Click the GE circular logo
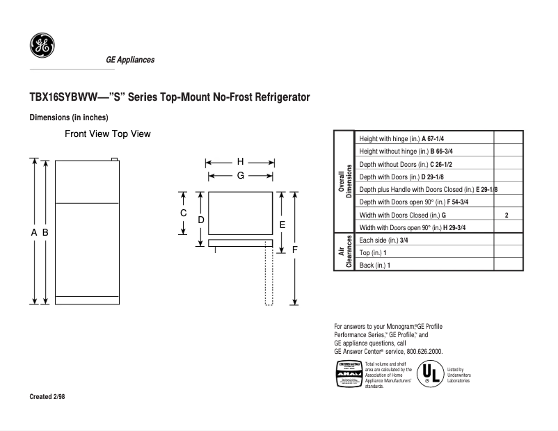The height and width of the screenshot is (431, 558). pos(42,46)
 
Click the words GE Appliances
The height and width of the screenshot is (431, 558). pos(130,60)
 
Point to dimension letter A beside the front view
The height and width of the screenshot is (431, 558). pos(33,233)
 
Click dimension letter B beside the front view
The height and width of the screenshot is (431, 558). pos(45,233)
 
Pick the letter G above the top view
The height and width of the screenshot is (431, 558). pos(240,176)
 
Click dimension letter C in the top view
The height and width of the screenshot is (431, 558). pos(184,213)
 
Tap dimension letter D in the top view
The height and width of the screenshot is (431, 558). pos(200,220)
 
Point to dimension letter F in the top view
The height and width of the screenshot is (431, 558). pos(295,249)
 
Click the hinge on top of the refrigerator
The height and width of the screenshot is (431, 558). pos(114,159)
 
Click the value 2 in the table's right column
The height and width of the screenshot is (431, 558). pos(507,215)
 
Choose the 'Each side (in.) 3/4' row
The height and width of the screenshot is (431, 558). pos(383,241)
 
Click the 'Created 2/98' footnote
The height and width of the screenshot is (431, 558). pos(47,397)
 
